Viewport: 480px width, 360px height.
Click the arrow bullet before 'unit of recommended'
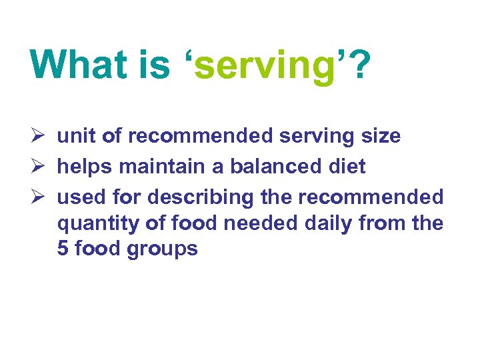pos(38,136)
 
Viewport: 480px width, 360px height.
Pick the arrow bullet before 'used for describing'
pos(38,197)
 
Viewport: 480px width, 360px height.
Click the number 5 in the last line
pos(63,249)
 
